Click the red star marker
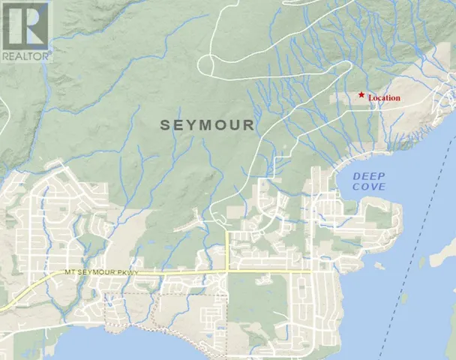click(361, 94)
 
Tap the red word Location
click(384, 98)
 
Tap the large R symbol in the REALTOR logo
click(25, 25)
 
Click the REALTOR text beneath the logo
click(25, 55)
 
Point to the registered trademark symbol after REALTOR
click(50, 53)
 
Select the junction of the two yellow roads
click(227, 271)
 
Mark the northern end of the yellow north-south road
click(227, 231)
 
